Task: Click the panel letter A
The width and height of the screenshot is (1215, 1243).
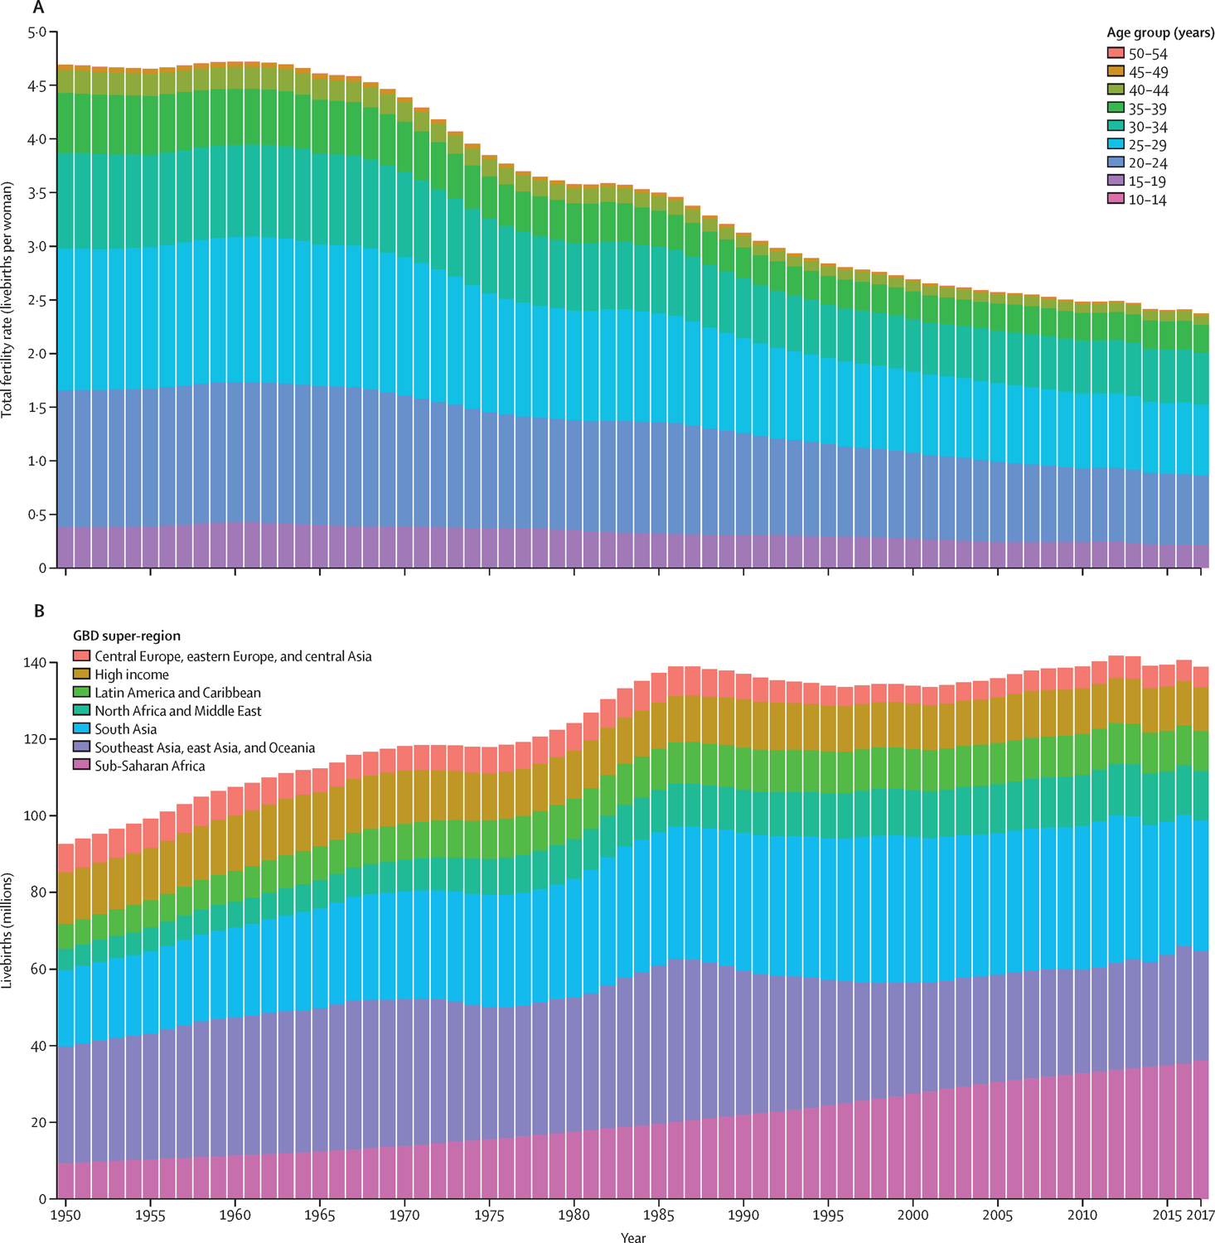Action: click(37, 8)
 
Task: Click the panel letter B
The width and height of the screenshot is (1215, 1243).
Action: click(38, 612)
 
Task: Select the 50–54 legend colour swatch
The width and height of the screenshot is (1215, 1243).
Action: click(1116, 54)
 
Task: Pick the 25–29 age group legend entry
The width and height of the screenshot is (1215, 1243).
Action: click(1148, 145)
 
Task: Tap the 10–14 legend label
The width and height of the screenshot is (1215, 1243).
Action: click(1148, 200)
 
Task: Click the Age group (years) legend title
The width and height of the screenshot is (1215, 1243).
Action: click(1159, 34)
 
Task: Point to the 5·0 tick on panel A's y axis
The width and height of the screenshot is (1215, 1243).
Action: click(37, 32)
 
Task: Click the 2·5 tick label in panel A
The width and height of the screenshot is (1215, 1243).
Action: click(37, 300)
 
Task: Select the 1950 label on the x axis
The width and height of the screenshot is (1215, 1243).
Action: click(65, 1216)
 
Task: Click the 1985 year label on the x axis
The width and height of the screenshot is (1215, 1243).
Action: click(659, 1216)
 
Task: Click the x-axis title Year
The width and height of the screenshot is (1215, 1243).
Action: click(633, 1237)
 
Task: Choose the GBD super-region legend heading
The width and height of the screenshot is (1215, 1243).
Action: click(126, 636)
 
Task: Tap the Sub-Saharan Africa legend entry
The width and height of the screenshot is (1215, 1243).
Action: click(149, 766)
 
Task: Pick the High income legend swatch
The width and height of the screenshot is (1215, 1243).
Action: click(81, 675)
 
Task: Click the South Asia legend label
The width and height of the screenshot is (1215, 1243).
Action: click(125, 729)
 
